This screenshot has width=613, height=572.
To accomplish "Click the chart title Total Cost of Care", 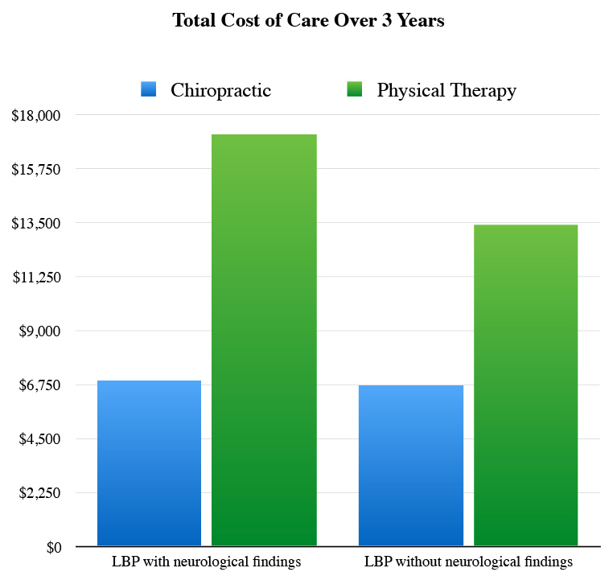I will (308, 21).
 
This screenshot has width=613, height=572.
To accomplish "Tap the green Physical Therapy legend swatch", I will (353, 89).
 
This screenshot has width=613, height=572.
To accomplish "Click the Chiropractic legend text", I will (220, 90).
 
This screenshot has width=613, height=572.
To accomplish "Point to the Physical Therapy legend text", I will (446, 90).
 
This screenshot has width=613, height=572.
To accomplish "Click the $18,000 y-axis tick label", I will (36, 115).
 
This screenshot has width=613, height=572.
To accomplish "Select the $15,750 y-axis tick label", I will (36, 169).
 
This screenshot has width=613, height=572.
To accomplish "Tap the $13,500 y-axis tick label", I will (36, 223).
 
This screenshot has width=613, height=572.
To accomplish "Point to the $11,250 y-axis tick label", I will (36, 277).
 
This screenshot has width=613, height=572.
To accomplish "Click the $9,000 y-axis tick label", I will (39, 331).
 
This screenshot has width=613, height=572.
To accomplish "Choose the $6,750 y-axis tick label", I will (39, 385).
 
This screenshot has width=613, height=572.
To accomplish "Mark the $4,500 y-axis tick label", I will (39, 438).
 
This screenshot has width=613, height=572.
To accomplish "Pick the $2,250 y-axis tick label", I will (39, 492).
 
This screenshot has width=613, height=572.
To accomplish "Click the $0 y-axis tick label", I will (51, 547).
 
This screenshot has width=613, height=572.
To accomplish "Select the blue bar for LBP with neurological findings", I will (149, 463).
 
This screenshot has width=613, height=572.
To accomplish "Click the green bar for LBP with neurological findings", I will (264, 340).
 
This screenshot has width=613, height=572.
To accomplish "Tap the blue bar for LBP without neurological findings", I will (411, 466).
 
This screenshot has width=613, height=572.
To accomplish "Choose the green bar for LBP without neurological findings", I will (525, 385).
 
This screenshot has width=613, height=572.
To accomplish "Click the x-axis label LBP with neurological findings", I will (206, 562).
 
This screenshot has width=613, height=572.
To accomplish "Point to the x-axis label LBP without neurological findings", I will (468, 562).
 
